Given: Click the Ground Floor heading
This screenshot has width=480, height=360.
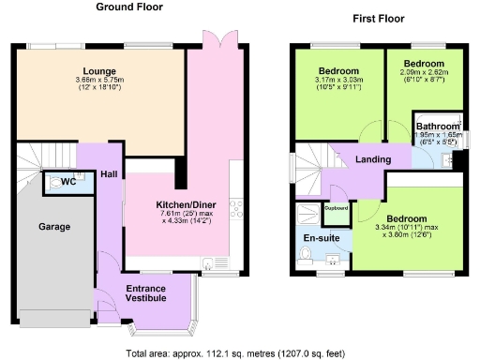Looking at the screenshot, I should (x=129, y=7).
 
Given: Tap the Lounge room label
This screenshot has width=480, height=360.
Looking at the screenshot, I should (x=99, y=71).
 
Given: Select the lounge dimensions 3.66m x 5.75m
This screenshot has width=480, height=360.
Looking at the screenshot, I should (x=99, y=81).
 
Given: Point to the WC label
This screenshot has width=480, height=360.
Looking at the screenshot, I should (x=67, y=181).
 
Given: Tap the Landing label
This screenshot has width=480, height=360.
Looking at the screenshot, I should (x=372, y=159).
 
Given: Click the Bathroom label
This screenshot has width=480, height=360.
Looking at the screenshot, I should (x=438, y=127).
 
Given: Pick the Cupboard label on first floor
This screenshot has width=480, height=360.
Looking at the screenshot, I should (x=336, y=208).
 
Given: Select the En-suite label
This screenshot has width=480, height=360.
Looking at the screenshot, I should (x=321, y=238).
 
